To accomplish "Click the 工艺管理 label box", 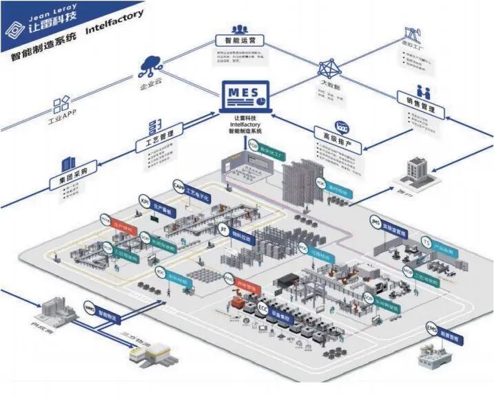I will [159, 145].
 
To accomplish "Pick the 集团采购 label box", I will [68, 182].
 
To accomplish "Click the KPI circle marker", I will [145, 200].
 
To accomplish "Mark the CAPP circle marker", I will [178, 186].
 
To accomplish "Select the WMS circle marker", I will [89, 305].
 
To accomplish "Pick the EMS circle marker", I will [431, 328].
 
